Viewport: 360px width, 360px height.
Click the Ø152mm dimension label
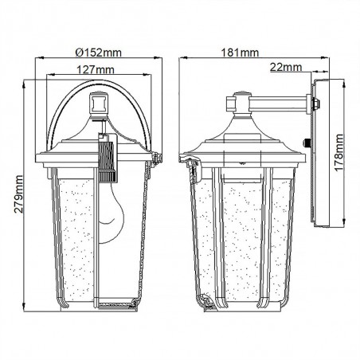(99, 53)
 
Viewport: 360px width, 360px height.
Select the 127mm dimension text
(96, 69)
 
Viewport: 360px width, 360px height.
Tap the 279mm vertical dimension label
(18, 194)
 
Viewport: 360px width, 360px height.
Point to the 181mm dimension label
(240, 53)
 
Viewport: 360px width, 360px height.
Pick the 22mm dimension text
(286, 67)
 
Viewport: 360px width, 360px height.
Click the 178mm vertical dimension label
(338, 153)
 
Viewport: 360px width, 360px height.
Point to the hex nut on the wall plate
(316, 104)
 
